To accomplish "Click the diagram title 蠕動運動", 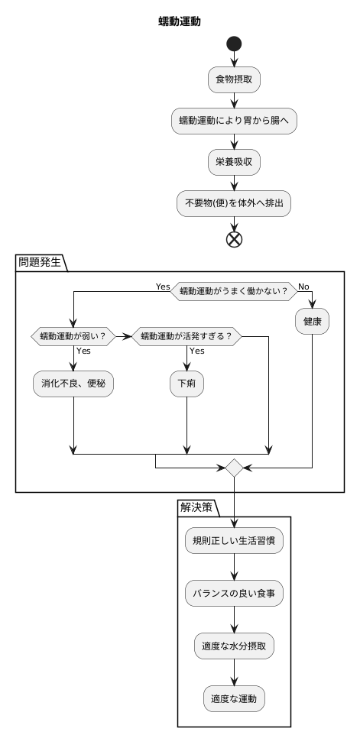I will [x=180, y=21].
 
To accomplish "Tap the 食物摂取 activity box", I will [x=234, y=78].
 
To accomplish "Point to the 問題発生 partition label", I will [x=41, y=262].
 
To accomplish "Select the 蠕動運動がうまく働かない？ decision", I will [x=234, y=290].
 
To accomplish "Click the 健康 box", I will [x=313, y=324].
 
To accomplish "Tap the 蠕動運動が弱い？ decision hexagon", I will [x=73, y=335].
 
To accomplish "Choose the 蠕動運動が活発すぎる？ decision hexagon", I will [x=187, y=335].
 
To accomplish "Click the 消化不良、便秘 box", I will [x=73, y=384].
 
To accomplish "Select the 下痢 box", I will [x=187, y=384].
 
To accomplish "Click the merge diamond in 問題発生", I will [x=234, y=466].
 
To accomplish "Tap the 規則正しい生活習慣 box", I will [x=234, y=541].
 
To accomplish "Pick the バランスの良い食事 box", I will [x=234, y=593].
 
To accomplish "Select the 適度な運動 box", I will [x=234, y=698].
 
